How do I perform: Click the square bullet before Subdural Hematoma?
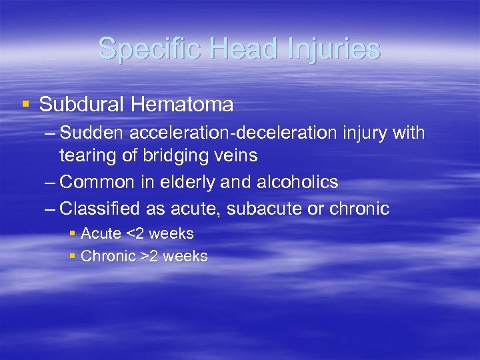(25, 105)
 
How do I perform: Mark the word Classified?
(99, 209)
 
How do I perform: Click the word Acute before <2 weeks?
(101, 234)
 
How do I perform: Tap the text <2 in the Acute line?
(135, 234)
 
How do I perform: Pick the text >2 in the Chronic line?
(149, 257)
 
